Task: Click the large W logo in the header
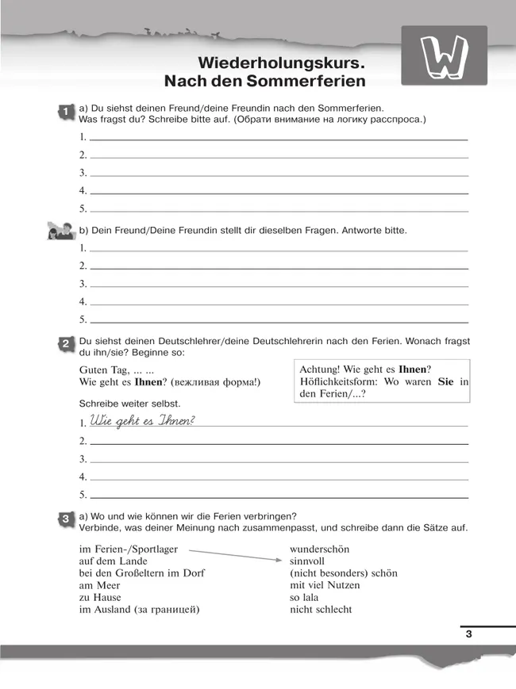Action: pyautogui.click(x=445, y=57)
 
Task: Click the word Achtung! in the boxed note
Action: pyautogui.click(x=322, y=369)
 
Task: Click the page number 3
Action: pyautogui.click(x=468, y=633)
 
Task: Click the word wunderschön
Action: pyautogui.click(x=319, y=549)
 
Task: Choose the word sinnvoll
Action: pyautogui.click(x=308, y=561)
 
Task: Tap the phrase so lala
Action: pyautogui.click(x=307, y=597)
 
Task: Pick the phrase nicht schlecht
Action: pyautogui.click(x=321, y=609)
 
